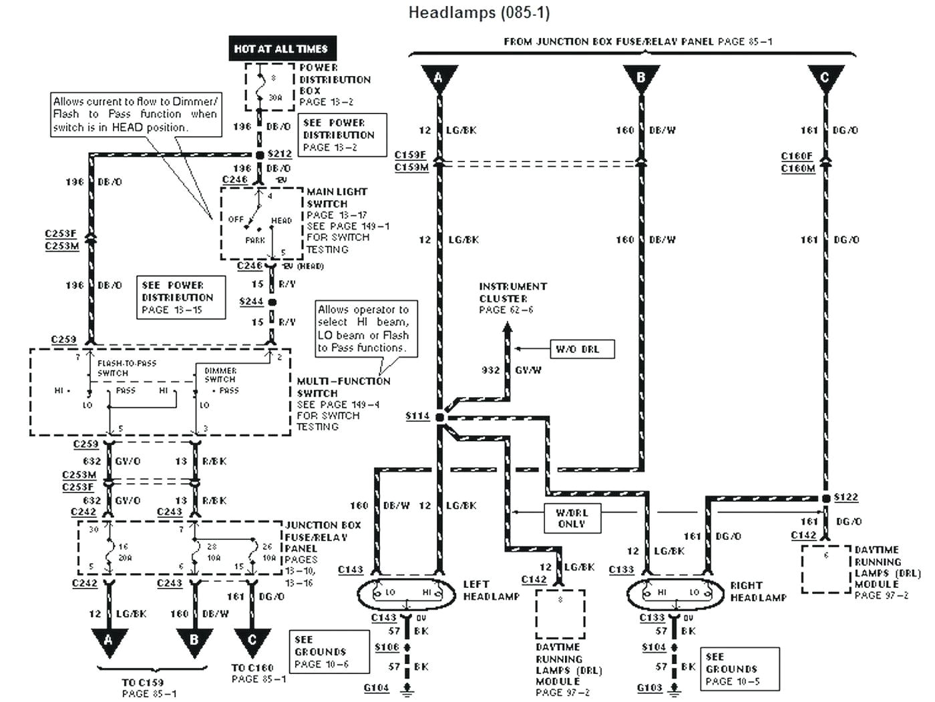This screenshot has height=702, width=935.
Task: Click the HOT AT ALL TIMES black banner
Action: click(281, 49)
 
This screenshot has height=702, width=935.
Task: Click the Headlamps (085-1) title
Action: click(479, 12)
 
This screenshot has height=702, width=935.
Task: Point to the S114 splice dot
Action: click(439, 416)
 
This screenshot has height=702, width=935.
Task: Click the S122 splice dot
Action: click(826, 498)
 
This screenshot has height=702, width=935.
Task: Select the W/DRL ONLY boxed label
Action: click(571, 518)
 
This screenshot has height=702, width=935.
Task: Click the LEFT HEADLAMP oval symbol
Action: click(409, 593)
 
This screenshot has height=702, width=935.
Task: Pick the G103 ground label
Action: click(649, 687)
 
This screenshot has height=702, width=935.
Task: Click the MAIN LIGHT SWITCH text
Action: click(337, 198)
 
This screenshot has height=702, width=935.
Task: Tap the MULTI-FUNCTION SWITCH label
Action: click(343, 387)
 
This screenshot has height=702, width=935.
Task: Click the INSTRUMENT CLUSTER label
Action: click(512, 292)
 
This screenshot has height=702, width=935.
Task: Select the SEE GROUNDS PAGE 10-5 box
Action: click(732, 669)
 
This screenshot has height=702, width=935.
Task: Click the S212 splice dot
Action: click(260, 155)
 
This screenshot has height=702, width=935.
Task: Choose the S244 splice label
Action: click(251, 302)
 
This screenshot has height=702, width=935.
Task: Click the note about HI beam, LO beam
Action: click(363, 328)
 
